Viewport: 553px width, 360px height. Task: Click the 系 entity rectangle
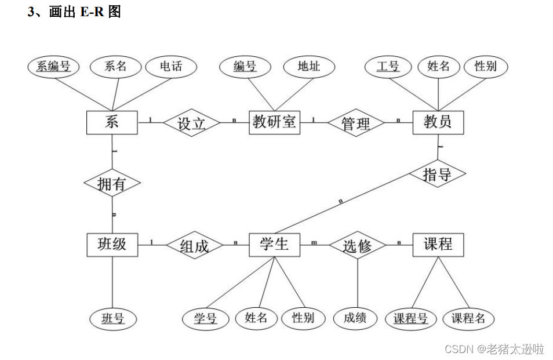[112, 122]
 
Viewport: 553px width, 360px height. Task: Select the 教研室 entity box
[274, 122]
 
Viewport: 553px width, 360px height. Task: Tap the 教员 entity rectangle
[438, 122]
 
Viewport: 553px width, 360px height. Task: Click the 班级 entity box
[112, 245]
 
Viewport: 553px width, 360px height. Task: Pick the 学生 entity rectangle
[274, 245]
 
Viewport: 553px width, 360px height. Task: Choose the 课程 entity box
[438, 245]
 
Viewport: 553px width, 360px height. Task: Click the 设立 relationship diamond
[192, 123]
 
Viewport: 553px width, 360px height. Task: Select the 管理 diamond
[356, 123]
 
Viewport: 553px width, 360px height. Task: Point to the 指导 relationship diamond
[438, 174]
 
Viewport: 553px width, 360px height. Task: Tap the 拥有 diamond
[112, 184]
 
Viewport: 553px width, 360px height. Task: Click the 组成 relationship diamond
[194, 246]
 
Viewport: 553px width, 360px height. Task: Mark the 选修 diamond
[356, 246]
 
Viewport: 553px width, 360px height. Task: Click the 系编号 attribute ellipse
[53, 67]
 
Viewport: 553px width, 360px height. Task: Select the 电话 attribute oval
[172, 67]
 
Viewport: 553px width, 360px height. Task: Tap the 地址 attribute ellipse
[310, 67]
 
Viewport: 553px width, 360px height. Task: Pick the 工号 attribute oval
[388, 67]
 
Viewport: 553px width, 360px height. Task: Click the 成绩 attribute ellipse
[355, 318]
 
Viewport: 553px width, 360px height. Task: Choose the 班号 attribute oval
[113, 318]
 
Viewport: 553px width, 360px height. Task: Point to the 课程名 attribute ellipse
[468, 318]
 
